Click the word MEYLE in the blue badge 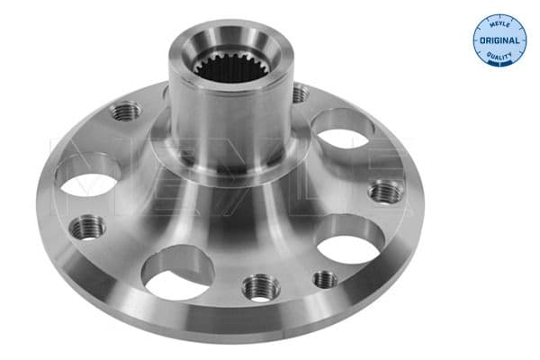pyautogui.click(x=499, y=24)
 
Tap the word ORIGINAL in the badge pyautogui.click(x=499, y=41)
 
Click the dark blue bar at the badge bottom pyautogui.click(x=499, y=64)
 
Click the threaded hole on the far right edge pyautogui.click(x=386, y=191)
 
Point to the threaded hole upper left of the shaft pyautogui.click(x=126, y=111)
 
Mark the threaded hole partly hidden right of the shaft pyautogui.click(x=300, y=94)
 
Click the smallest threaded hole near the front pyautogui.click(x=325, y=279)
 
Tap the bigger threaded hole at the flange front pyautogui.click(x=262, y=287)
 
